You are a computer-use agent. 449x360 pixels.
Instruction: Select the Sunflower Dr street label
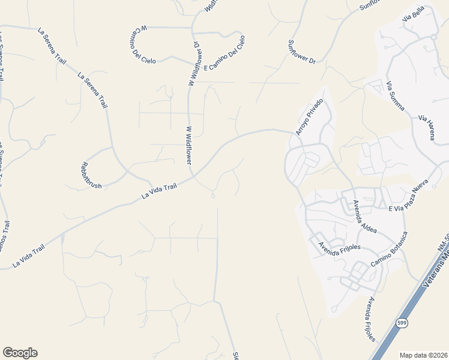coord(301,51)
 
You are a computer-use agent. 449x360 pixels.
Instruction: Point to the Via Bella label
coord(414,13)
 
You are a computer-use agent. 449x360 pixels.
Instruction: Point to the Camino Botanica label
coord(389,250)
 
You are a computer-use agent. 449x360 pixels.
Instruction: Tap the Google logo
coord(20,353)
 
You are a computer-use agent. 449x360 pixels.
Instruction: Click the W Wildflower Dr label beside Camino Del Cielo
coord(194,63)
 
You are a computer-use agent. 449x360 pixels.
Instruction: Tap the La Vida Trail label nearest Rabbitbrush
coord(160,191)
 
